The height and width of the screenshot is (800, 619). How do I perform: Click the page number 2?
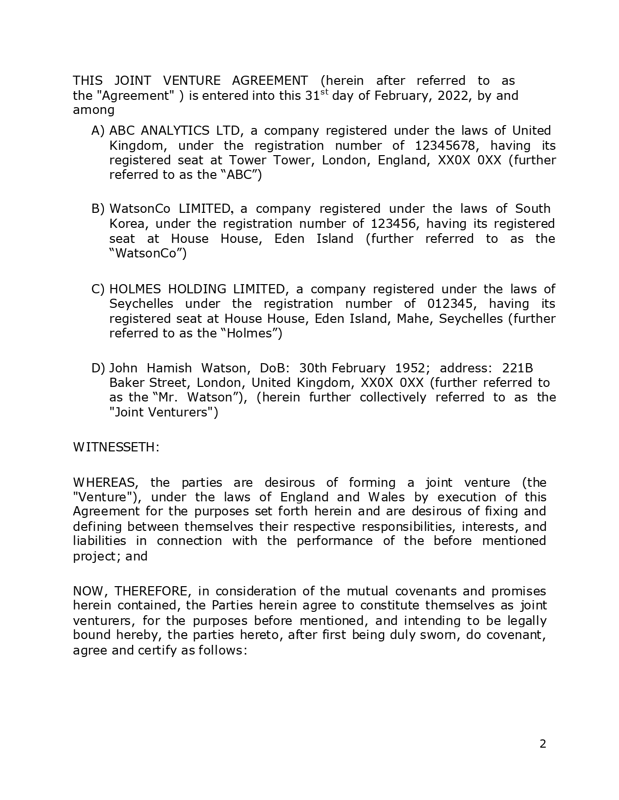543,744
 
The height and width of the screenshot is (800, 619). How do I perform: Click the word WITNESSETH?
116,447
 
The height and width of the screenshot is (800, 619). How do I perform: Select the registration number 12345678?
447,145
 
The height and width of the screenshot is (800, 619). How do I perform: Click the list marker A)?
98,131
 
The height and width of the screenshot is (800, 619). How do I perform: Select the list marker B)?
98,209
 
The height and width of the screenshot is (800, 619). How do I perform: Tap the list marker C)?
98,289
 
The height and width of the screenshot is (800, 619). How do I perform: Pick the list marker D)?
98,368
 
